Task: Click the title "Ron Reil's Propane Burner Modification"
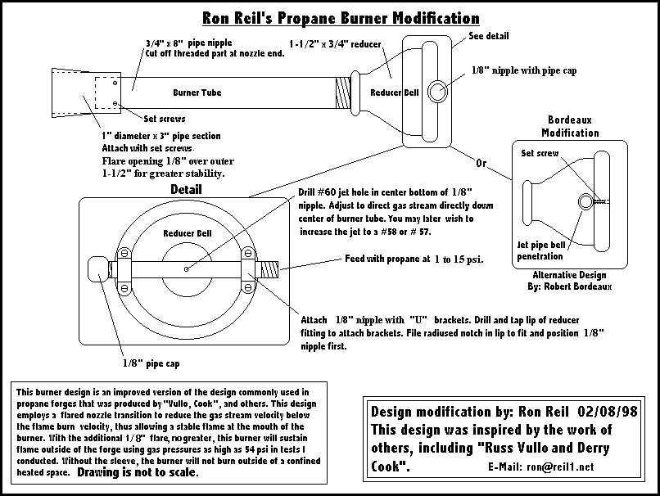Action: (341, 17)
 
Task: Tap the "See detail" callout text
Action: (489, 36)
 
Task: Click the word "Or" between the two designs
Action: (481, 163)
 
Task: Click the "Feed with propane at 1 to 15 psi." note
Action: (414, 260)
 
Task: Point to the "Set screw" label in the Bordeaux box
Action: (539, 153)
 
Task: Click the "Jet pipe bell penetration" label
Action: (541, 250)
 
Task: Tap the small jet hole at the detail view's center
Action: (188, 267)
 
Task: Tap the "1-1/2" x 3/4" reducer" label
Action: (334, 43)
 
